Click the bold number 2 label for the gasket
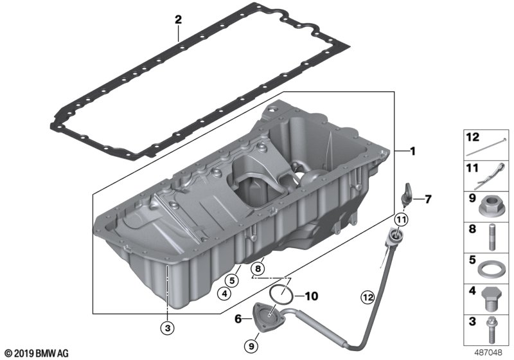pos(178,20)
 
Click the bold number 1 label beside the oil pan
pos(412,151)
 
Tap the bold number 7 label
pos(427,199)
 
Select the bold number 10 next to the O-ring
pos(311,296)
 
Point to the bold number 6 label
pos(238,318)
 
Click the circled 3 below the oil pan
pos(168,328)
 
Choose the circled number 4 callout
pos(224,294)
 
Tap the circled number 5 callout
pos(232,281)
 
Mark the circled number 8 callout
pos(258,269)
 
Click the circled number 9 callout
pos(251,346)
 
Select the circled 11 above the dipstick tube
pos(401,219)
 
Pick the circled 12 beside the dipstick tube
pos(367,298)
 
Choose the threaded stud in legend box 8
pos(492,237)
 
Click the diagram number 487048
pos(488,352)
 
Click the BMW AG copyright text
pos(37,354)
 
